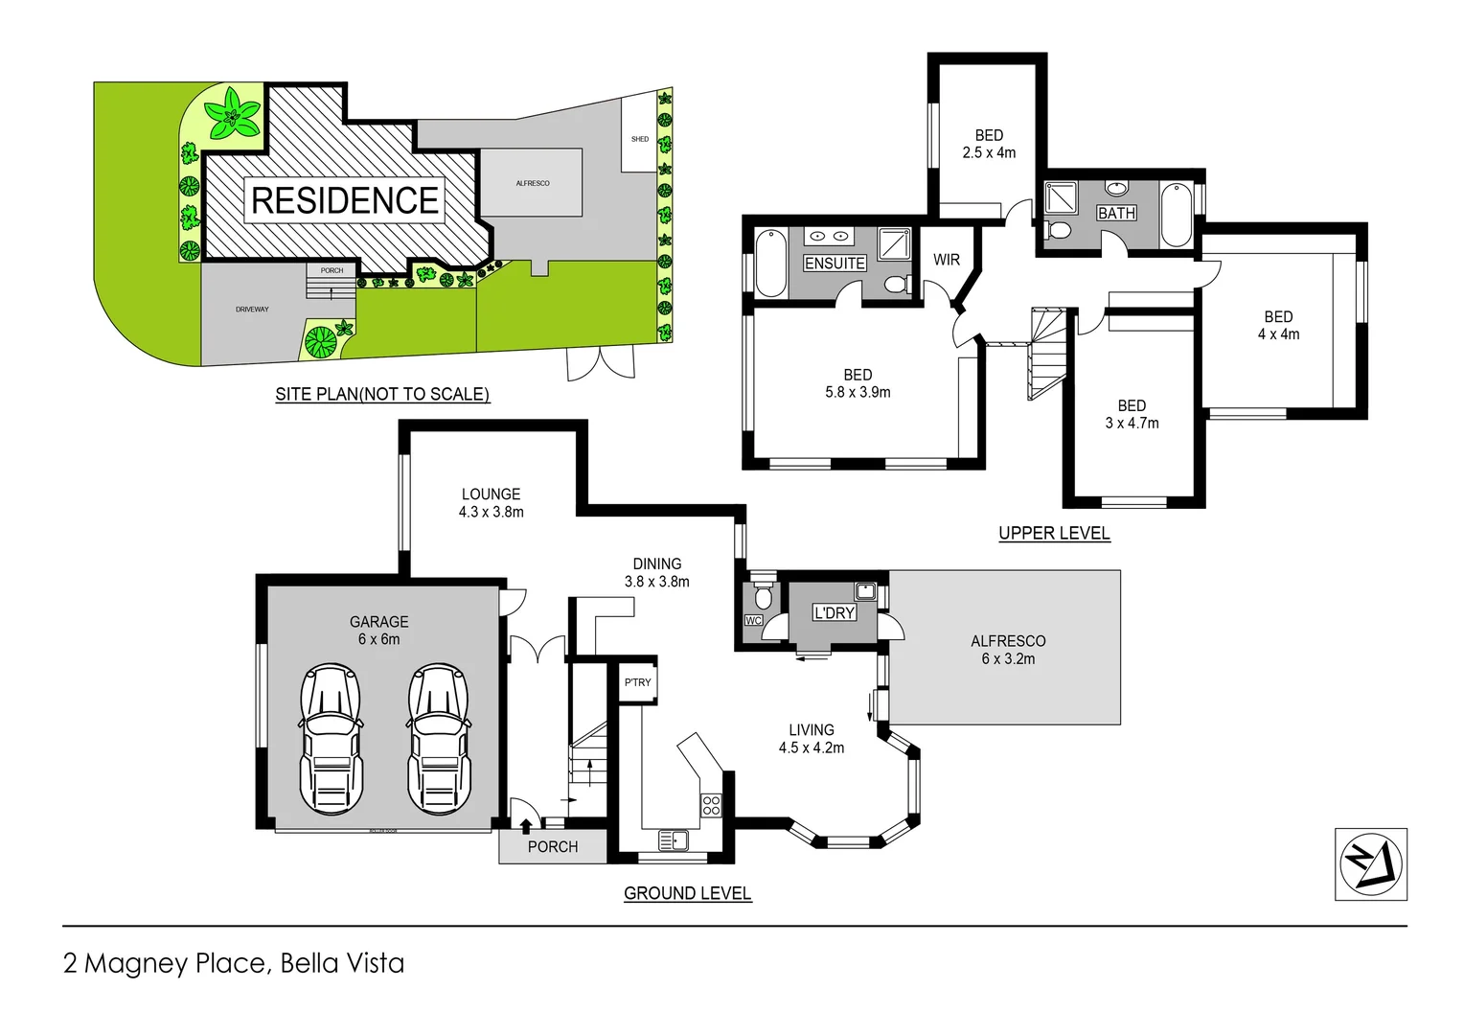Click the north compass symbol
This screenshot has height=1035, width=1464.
pos(1370,863)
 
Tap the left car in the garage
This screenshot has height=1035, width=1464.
pos(332,739)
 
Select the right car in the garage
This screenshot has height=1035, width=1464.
pos(439,739)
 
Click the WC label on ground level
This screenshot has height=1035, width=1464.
pos(753,621)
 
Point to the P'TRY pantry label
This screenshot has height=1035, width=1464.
pos(637,682)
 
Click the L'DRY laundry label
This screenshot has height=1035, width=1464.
pos(834,612)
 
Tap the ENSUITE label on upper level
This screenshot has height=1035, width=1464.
pos(835,264)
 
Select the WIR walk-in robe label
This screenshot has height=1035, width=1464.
pos(947,260)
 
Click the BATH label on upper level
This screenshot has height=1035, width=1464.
pos(1116,213)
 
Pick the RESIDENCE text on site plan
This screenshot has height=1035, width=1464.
pos(345,200)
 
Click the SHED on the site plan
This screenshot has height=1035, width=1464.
pos(639,139)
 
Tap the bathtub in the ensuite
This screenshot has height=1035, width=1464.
pos(770,263)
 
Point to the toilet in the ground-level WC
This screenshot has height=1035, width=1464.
pos(763,596)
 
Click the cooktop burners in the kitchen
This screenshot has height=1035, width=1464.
pos(711,805)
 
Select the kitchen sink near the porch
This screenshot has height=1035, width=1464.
pos(674,840)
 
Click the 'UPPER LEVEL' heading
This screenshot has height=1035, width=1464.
pos(1054,533)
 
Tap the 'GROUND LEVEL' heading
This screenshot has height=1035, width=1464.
pos(687,893)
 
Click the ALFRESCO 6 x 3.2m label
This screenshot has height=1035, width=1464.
pos(1008,650)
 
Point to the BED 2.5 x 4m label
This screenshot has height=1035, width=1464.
pos(989,144)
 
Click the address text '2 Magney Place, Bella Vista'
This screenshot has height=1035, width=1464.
pos(234,963)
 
